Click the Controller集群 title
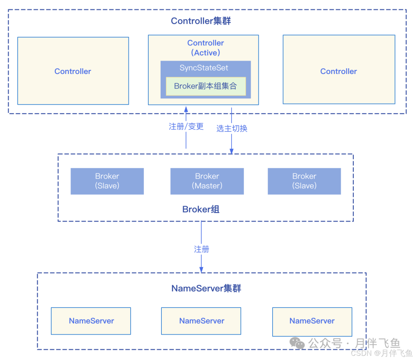[x=201, y=21]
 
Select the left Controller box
[x=73, y=71]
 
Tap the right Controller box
[x=338, y=71]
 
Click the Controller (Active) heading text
[x=205, y=48]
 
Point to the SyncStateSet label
[x=204, y=68]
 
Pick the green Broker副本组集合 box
[x=205, y=86]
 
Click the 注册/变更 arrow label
[x=186, y=127]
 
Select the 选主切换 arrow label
[x=232, y=128]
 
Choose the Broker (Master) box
[x=207, y=181]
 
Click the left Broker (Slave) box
[x=107, y=181]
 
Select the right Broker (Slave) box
[x=304, y=181]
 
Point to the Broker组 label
[x=201, y=209]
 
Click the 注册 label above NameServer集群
[x=202, y=249]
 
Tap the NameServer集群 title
[x=206, y=288]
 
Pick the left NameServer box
[x=91, y=321]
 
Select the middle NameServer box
[x=202, y=321]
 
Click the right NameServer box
[x=312, y=321]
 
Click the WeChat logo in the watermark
[x=297, y=342]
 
